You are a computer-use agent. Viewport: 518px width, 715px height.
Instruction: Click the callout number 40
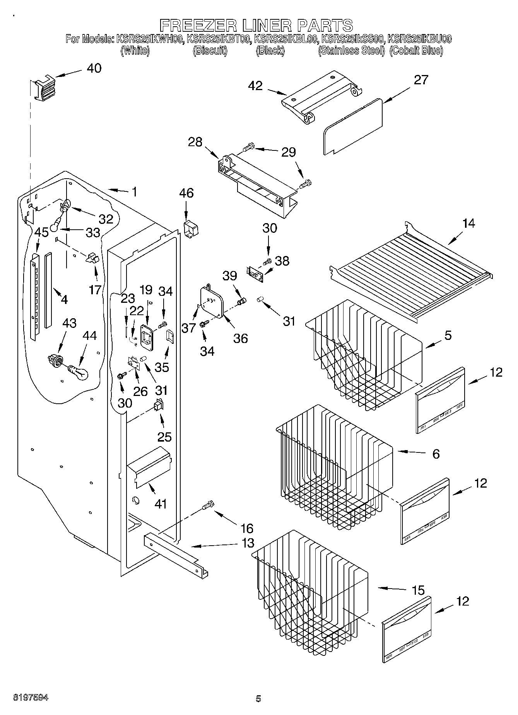[94, 68]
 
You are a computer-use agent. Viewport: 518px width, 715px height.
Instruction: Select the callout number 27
[421, 80]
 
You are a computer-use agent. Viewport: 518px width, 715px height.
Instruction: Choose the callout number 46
[186, 193]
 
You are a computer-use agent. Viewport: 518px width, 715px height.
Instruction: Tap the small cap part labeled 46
[191, 229]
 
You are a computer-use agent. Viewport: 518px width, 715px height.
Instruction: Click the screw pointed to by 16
[208, 505]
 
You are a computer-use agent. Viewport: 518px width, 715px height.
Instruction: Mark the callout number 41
[161, 503]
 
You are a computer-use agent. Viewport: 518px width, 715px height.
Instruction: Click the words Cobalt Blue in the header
[416, 51]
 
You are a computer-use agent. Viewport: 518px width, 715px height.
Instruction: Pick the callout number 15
[418, 590]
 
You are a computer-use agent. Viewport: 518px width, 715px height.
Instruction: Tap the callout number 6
[436, 454]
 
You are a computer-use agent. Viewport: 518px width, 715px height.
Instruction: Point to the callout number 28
[195, 142]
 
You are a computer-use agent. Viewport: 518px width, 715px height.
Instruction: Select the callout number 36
[240, 338]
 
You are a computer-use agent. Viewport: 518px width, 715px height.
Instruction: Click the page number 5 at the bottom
[258, 698]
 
